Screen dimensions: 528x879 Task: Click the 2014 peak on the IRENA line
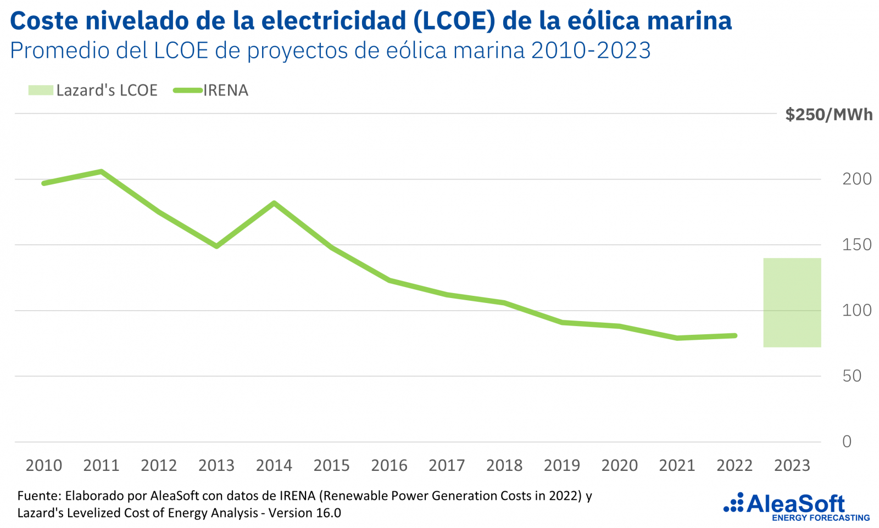[x=274, y=203]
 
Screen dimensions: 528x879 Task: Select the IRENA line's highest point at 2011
[x=102, y=171]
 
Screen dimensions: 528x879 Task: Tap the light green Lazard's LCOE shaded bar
[x=792, y=302]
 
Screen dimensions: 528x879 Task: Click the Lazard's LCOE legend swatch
[x=41, y=90]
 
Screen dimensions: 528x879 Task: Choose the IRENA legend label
[x=226, y=91]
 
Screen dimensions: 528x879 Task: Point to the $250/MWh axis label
[x=828, y=115]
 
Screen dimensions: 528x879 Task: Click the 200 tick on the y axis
[x=856, y=179]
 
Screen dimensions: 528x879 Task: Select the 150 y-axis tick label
[x=856, y=245]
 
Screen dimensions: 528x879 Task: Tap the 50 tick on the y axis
[x=852, y=376]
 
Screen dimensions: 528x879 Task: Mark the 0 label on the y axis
[x=847, y=441]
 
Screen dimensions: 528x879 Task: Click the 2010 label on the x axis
[x=44, y=465]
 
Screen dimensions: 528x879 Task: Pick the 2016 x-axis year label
[x=389, y=465]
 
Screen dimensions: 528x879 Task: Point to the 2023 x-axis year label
[x=792, y=465]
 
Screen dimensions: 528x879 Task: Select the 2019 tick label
[x=561, y=465]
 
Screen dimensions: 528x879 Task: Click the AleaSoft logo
[x=797, y=507]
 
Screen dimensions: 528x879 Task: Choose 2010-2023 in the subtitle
[x=591, y=50]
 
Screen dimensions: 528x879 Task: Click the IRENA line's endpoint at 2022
[x=735, y=335]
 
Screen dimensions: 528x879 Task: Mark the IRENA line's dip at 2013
[x=216, y=246]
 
